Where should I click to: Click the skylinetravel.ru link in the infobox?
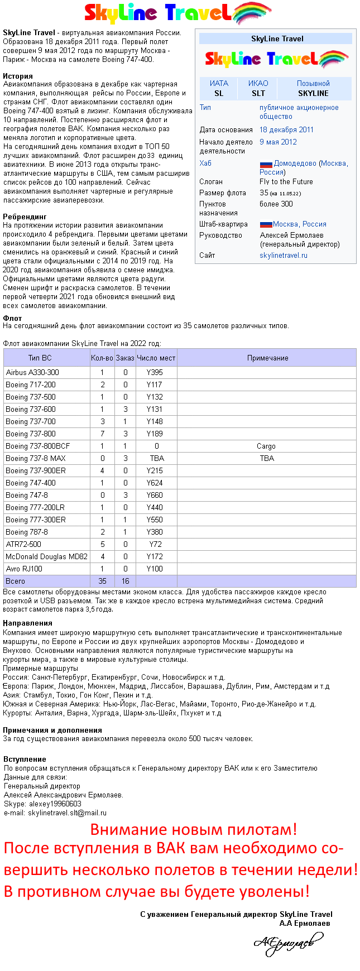pos(283,255)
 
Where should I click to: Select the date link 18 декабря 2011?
pos(286,129)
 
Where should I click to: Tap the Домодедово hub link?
pos(295,163)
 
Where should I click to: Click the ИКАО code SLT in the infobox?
pos(258,93)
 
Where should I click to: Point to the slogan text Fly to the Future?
pos(286,181)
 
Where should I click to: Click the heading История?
pos(18,76)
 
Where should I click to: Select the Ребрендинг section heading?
pos(25,217)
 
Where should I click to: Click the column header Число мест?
pos(156,358)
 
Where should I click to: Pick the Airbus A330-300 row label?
pos(32,372)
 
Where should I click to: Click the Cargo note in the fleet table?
pos(266,446)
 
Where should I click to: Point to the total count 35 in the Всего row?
pos(102,581)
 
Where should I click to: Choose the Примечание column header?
pos(267,358)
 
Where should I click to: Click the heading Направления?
pos(27,623)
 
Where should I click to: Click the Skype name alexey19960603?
pos(55,804)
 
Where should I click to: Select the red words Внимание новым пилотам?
pos(194,829)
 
